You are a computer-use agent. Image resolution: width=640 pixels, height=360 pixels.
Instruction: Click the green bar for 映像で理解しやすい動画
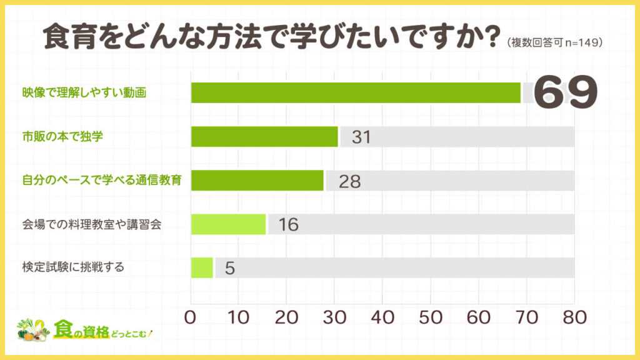click(356, 92)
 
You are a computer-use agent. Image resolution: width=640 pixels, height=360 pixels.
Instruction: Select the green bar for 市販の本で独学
click(264, 137)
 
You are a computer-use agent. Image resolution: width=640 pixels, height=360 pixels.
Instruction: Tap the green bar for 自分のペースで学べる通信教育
click(257, 181)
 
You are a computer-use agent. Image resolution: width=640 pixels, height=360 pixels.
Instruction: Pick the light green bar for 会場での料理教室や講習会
click(228, 224)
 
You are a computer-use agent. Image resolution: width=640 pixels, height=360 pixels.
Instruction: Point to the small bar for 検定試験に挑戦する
click(202, 267)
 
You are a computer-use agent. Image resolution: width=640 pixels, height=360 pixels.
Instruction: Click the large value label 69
click(566, 92)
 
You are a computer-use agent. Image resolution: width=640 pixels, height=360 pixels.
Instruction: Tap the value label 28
click(349, 181)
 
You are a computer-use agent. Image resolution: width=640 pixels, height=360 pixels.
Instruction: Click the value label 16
click(288, 224)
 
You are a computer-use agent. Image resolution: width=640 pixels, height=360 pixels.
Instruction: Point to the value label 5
click(229, 268)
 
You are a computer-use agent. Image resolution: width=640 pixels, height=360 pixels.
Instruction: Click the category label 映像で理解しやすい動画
click(83, 93)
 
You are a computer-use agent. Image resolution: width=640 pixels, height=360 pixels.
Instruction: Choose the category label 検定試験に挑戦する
click(72, 267)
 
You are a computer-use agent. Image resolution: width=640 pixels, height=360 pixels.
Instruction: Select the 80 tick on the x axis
click(573, 317)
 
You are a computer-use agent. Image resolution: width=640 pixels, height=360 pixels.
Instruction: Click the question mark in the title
click(488, 37)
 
